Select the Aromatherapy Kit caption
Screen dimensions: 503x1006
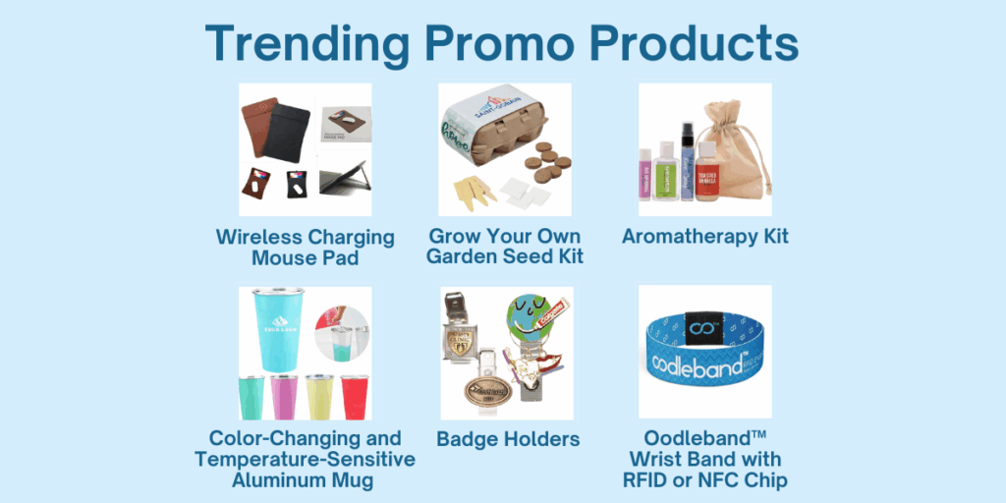click(704, 236)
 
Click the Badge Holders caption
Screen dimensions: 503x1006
click(508, 438)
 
